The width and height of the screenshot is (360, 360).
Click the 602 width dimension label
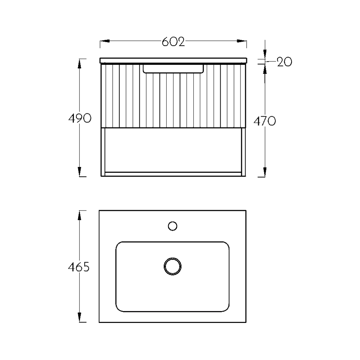coord(174,42)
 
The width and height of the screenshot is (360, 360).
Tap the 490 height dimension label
coord(80,118)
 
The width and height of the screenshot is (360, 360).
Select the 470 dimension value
coord(265,121)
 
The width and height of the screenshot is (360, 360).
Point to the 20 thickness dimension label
coord(284,62)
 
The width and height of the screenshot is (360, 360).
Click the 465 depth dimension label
coord(79,267)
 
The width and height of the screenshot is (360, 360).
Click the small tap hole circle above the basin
coord(172,226)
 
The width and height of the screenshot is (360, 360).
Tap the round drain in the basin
coord(173,266)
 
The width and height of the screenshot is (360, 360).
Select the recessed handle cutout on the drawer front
coord(173,69)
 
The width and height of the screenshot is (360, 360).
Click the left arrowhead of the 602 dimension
coord(104,41)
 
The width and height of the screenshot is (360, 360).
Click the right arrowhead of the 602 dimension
coord(242,41)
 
